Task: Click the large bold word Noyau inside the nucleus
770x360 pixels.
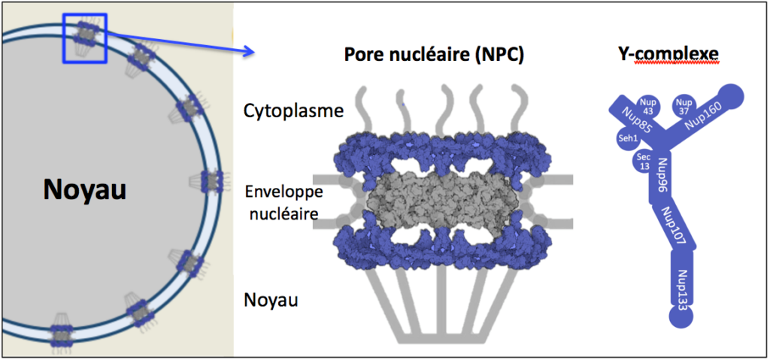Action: (84, 190)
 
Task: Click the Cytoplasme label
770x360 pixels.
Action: (293, 111)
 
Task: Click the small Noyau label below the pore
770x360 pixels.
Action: (271, 299)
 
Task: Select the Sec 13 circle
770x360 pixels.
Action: (644, 161)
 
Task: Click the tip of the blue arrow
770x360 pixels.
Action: (254, 51)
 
